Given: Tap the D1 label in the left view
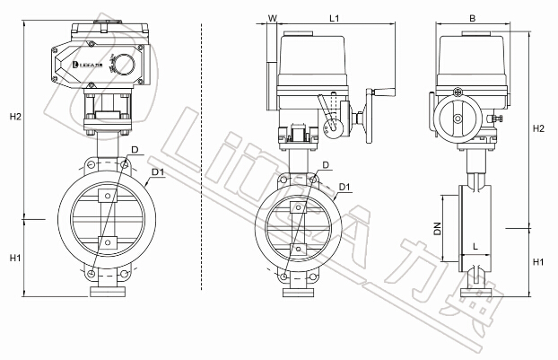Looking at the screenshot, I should (157, 171).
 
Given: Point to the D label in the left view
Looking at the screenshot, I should (134, 148).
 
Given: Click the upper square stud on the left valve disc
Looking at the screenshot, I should (107, 196).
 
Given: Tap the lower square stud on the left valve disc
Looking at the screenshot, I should (107, 241).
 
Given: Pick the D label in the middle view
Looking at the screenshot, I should (326, 165).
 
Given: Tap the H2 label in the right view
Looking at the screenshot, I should (538, 129).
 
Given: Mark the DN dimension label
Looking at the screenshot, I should (438, 230).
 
